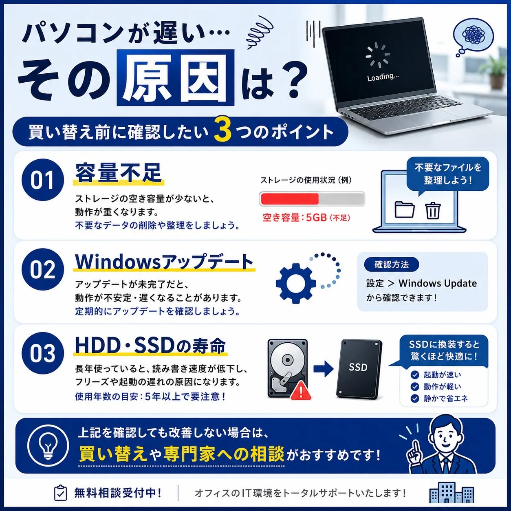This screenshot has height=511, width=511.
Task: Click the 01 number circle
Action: tap(43, 180)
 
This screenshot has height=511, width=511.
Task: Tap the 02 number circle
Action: tap(43, 269)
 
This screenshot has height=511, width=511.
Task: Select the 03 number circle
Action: tap(43, 353)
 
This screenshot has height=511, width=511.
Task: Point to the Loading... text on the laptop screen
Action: tap(383, 77)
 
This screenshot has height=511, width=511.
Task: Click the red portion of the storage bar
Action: tap(290, 199)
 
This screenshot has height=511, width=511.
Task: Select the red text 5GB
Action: tap(316, 218)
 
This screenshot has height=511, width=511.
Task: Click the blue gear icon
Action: tap(296, 283)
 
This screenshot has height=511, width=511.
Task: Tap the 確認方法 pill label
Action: tap(392, 264)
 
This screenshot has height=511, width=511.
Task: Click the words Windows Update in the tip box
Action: tap(438, 283)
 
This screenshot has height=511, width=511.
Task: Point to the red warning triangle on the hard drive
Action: tap(301, 390)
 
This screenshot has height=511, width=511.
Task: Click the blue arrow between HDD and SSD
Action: tap(324, 368)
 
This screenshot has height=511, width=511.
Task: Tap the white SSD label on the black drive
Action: tap(358, 367)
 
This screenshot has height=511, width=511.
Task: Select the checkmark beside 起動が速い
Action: tap(415, 375)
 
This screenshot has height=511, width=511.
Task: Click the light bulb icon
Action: tap(48, 447)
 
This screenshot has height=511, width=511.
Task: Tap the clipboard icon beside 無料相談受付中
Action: tap(60, 493)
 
